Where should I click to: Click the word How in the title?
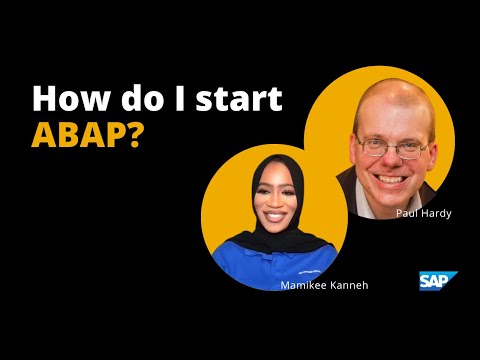click(x=71, y=98)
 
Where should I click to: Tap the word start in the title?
click(x=239, y=99)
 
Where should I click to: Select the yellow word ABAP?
click(x=78, y=135)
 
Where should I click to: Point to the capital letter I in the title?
click(x=180, y=98)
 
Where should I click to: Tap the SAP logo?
click(x=438, y=281)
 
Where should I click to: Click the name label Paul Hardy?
click(x=424, y=213)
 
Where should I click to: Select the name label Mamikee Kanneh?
click(x=324, y=285)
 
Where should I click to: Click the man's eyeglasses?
click(x=392, y=147)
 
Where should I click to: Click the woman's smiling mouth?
click(x=275, y=216)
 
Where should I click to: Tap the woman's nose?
click(x=275, y=202)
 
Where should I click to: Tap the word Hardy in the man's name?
click(x=436, y=213)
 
